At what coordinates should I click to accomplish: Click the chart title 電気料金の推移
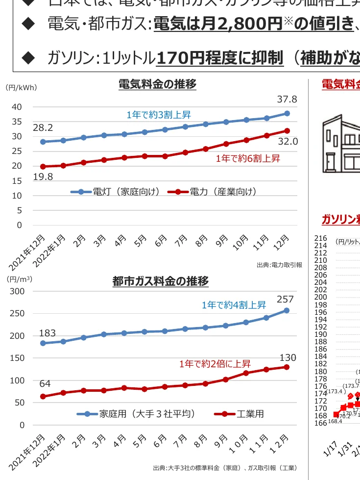(x=157, y=84)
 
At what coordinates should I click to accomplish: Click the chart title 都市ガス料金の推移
(x=160, y=281)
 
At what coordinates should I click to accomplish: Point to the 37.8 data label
(x=287, y=100)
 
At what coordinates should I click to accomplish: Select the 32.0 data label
(x=288, y=142)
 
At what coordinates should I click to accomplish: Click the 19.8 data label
(x=43, y=177)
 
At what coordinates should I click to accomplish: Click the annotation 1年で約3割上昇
(x=159, y=115)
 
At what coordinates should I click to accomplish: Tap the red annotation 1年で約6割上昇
(x=248, y=158)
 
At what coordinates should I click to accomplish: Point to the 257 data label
(x=285, y=299)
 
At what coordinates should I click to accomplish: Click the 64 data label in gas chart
(x=45, y=383)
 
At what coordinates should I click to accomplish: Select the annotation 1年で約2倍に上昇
(x=215, y=364)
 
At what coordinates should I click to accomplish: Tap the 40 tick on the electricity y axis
(x=17, y=107)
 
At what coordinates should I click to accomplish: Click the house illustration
(x=341, y=143)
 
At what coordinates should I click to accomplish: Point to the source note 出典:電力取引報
(x=279, y=265)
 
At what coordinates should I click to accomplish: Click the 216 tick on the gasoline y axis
(x=320, y=238)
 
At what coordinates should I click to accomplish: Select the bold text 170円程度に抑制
(x=219, y=58)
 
